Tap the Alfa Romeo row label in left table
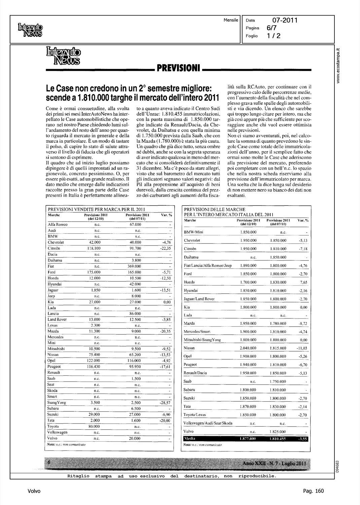(x=58, y=225)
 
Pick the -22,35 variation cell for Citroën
(x=166, y=248)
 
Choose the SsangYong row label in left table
(x=57, y=403)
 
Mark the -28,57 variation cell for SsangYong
(x=166, y=403)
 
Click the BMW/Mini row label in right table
(x=193, y=232)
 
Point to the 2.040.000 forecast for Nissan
(x=248, y=348)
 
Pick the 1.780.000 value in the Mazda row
(x=278, y=324)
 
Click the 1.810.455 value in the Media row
(x=278, y=439)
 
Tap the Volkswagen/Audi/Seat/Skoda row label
(x=208, y=423)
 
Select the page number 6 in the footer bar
(x=49, y=463)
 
